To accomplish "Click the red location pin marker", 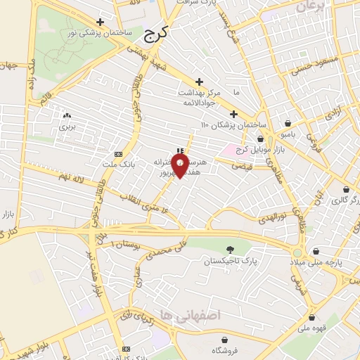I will pos(180,165).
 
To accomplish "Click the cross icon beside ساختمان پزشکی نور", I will pos(101,22).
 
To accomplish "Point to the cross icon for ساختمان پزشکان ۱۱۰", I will pos(233,114).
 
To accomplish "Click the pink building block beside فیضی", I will pos(229,150).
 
